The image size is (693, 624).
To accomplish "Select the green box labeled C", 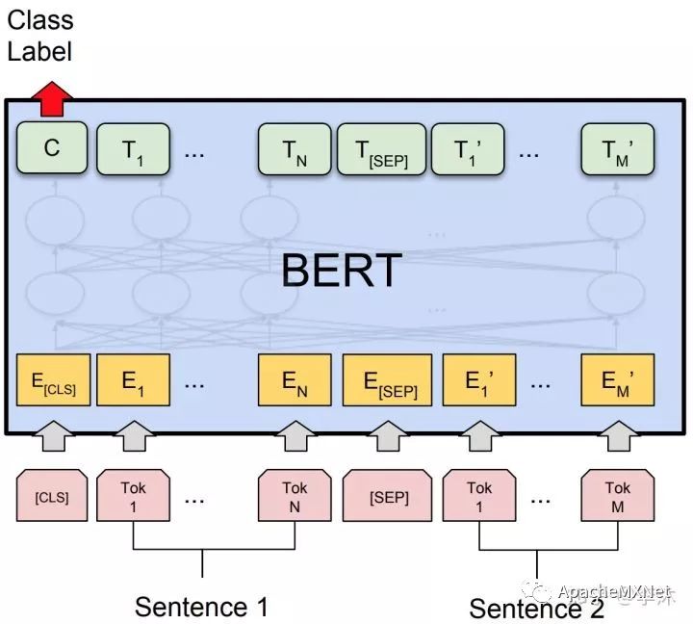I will coord(52,148).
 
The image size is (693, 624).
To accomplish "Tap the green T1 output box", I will coord(133,148).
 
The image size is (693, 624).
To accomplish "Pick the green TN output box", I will coord(295,148).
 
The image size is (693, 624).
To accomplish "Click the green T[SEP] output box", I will coord(380,148).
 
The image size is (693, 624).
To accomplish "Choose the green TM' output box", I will coord(617,148).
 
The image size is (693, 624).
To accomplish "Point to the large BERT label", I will coord(341,271).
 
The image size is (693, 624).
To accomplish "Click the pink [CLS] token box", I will coord(52,497).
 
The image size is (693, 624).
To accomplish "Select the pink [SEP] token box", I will coord(389,497).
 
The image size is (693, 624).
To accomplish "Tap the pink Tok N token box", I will coord(295,497).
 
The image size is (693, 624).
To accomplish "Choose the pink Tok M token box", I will coord(617,497).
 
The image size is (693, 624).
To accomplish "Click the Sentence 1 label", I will coord(201,607).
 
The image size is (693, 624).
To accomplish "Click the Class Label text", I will coord(40,35).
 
